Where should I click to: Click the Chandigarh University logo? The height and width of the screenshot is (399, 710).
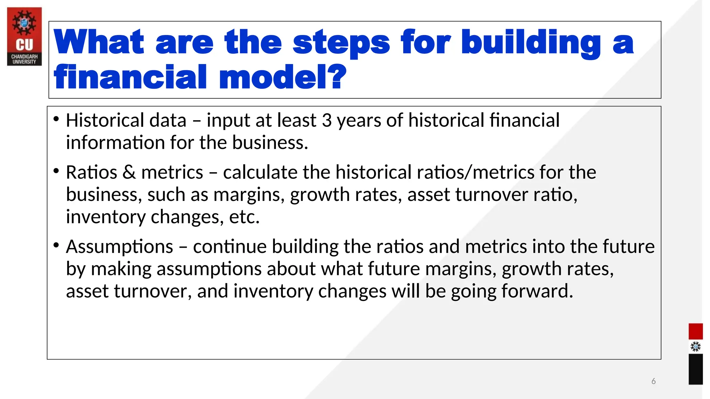[24, 36]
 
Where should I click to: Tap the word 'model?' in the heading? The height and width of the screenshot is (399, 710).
[283, 77]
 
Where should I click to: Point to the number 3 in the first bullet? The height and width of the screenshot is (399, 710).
[327, 121]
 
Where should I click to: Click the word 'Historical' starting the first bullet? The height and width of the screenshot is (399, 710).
[105, 121]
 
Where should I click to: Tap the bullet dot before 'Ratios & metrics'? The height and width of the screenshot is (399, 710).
[56, 171]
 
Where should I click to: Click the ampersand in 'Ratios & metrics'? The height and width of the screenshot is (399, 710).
[129, 172]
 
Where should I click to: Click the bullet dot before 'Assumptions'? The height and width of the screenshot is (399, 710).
[56, 245]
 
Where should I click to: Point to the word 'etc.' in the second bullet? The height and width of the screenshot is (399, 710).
[244, 217]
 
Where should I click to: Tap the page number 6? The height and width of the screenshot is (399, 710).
[653, 381]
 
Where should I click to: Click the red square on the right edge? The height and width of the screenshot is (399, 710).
[695, 331]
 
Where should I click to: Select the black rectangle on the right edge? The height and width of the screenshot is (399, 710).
[695, 369]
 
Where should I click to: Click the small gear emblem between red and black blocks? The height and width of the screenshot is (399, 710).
[695, 347]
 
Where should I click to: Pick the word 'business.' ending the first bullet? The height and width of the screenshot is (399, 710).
[270, 143]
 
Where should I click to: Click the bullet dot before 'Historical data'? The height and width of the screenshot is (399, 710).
[56, 119]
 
